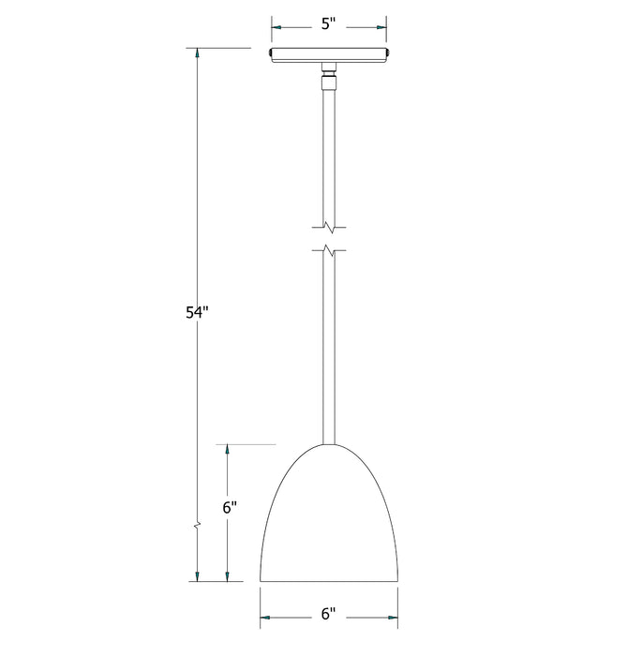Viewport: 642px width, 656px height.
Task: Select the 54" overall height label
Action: (196, 313)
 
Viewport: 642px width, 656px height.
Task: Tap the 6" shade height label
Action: (230, 509)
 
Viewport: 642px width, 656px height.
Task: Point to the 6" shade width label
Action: (328, 615)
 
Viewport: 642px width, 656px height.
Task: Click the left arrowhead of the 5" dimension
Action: (278, 26)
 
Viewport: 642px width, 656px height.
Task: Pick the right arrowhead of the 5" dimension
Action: (380, 26)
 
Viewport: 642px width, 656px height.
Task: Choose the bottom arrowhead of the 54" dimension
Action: (197, 574)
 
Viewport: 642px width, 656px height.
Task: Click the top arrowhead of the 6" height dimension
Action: (227, 452)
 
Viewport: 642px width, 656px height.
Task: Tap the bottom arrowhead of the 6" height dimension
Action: (227, 574)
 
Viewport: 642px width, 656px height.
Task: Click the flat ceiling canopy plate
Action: (328, 54)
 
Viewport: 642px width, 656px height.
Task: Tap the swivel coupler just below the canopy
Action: (328, 75)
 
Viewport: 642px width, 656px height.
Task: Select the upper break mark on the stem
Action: (329, 226)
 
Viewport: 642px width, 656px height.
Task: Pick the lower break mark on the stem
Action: (329, 250)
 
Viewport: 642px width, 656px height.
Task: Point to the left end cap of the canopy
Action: (271, 54)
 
